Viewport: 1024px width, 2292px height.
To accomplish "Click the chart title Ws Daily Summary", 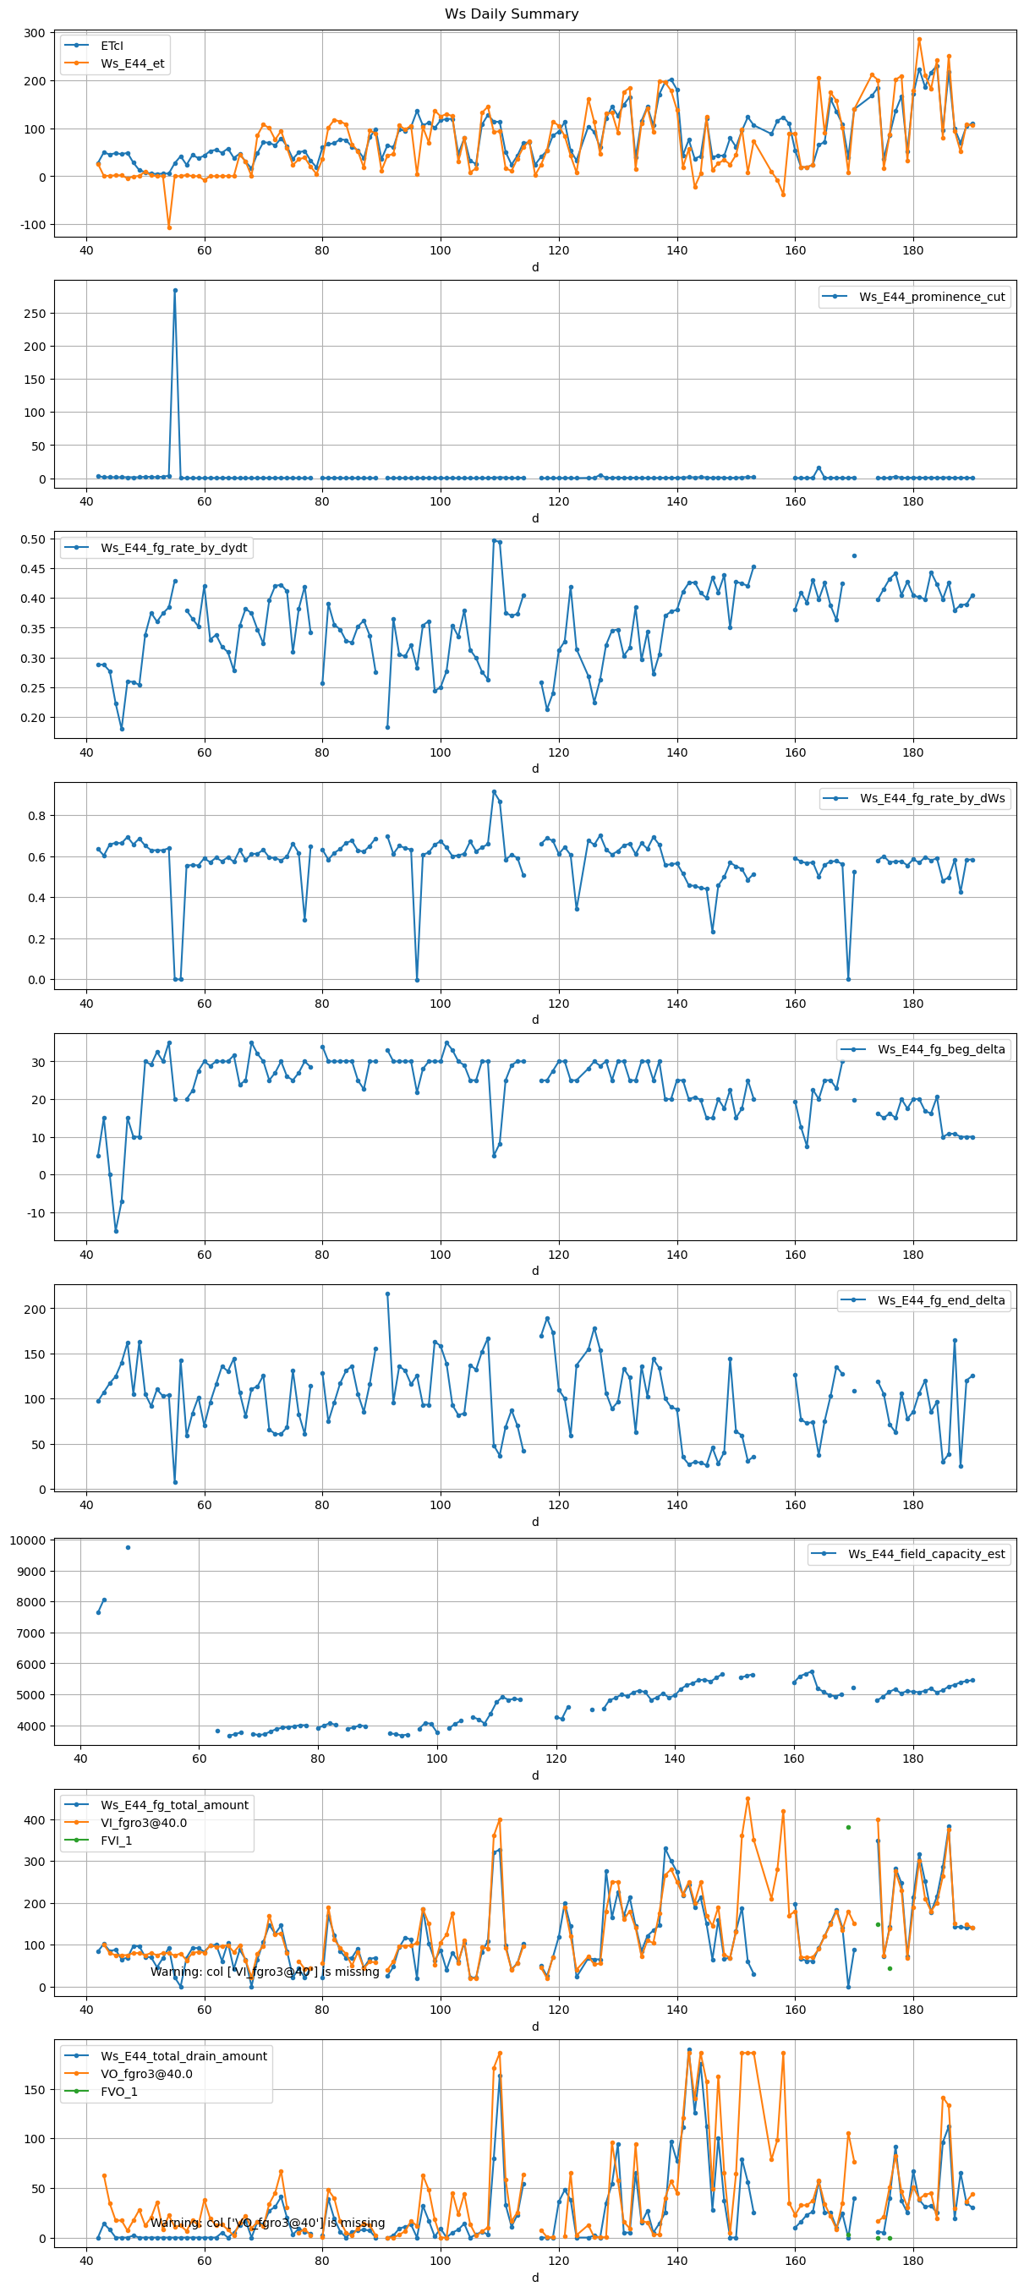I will pyautogui.click(x=512, y=14).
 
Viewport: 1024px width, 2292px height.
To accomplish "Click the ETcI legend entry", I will pyautogui.click(x=112, y=46).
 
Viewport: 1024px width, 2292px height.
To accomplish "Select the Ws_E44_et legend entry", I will pyautogui.click(x=132, y=63).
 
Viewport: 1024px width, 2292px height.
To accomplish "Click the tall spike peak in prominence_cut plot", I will pyautogui.click(x=175, y=290).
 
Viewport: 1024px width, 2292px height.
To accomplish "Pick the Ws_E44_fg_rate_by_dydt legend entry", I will pyautogui.click(x=173, y=547).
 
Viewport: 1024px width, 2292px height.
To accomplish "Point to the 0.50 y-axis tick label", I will pyautogui.click(x=33, y=539).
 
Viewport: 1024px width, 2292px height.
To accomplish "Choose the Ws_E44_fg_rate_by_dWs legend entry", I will pyautogui.click(x=932, y=798).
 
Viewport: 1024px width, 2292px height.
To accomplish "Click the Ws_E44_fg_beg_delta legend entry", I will pyautogui.click(x=940, y=1049).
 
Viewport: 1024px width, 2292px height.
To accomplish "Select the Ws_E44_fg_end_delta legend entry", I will pyautogui.click(x=940, y=1300).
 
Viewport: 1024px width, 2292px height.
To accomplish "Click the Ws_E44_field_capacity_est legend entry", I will pyautogui.click(x=925, y=1554).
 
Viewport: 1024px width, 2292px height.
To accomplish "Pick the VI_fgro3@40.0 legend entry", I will pyautogui.click(x=143, y=1822).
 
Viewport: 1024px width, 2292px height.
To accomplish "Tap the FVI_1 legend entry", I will pyautogui.click(x=116, y=1840).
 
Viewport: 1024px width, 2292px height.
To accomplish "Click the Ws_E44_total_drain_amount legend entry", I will pyautogui.click(x=183, y=2055).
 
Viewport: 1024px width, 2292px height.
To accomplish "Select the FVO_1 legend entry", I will pyautogui.click(x=118, y=2091).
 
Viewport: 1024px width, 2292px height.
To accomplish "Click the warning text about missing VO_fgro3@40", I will pyautogui.click(x=267, y=2222).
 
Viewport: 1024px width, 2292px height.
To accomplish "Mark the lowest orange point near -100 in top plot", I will pyautogui.click(x=169, y=227).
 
